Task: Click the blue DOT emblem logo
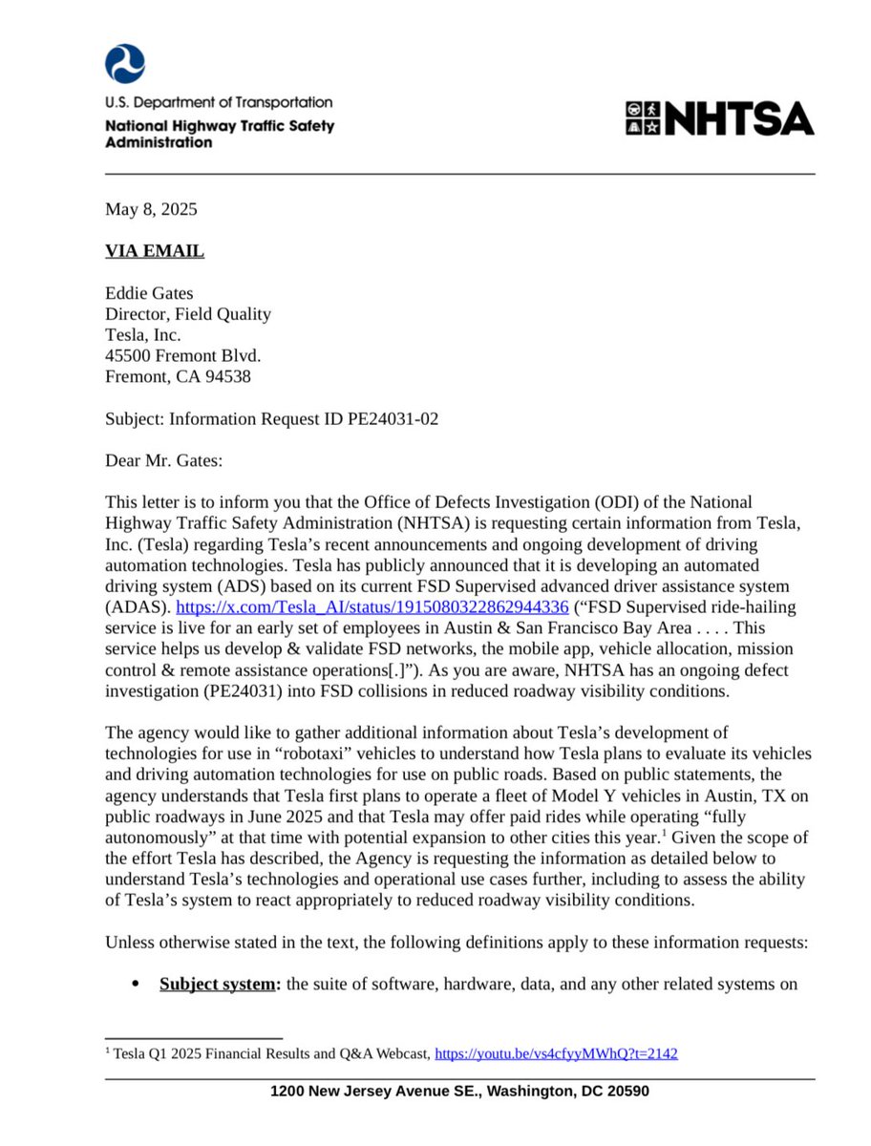(124, 63)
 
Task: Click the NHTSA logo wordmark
(720, 118)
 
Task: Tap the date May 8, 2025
(151, 209)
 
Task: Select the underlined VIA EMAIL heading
(154, 251)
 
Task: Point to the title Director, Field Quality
(187, 314)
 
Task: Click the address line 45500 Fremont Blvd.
(181, 355)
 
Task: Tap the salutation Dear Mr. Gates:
(162, 460)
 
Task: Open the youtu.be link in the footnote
(556, 1053)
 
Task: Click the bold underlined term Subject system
(217, 985)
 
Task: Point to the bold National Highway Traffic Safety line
(220, 126)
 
